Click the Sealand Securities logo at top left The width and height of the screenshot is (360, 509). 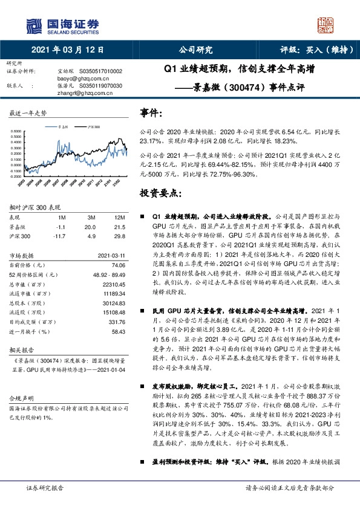[x=61, y=25]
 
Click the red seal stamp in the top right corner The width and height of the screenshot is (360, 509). [x=326, y=25]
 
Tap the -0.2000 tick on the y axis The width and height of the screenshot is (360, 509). [x=18, y=178]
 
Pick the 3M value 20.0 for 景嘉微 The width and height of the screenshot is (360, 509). [x=91, y=225]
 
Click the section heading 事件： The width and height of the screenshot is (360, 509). [x=151, y=112]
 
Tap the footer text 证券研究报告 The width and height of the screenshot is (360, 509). [x=44, y=487]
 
